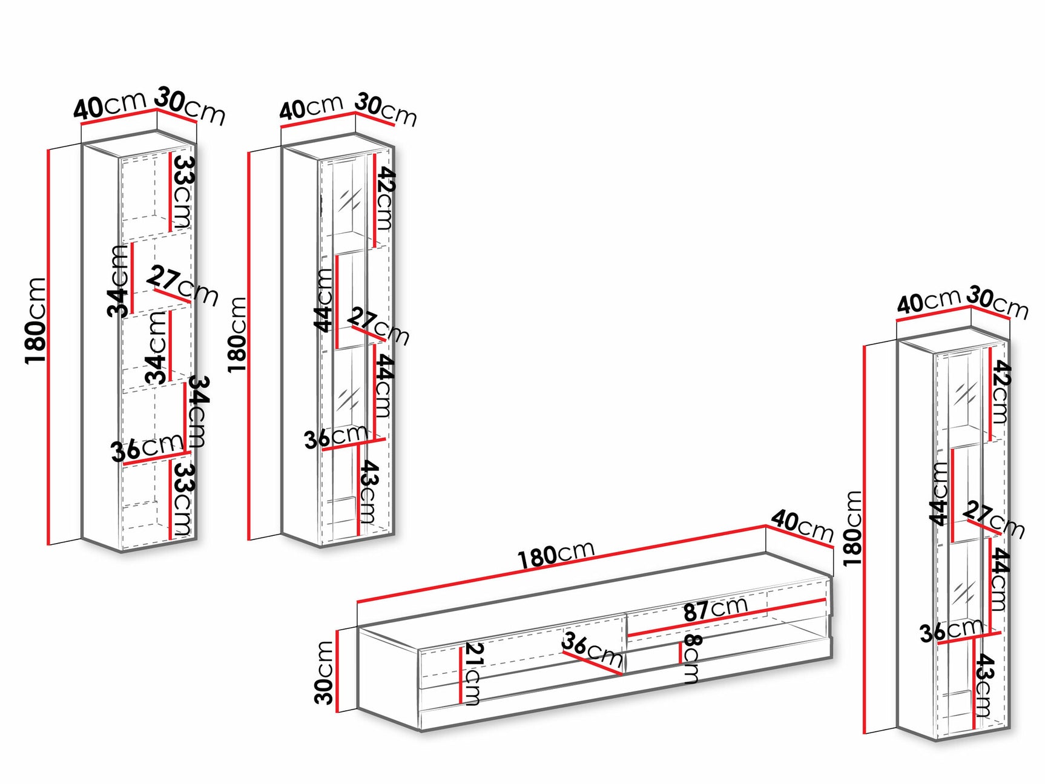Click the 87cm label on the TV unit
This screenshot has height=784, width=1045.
point(715,608)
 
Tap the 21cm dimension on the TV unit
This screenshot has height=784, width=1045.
point(473,673)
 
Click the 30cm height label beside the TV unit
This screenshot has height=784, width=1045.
point(325,673)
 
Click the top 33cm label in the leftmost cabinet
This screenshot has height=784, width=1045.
point(182,191)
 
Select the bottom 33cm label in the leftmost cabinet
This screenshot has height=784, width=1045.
point(182,498)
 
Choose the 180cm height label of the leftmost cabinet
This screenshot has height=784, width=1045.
point(36,320)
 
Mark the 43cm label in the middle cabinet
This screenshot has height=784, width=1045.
point(369,492)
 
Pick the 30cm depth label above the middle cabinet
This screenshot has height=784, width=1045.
point(386,109)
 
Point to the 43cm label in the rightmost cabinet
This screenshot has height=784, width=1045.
point(984,685)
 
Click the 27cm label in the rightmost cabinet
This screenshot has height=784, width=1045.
point(994,519)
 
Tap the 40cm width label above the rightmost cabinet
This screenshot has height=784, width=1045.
point(928,300)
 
